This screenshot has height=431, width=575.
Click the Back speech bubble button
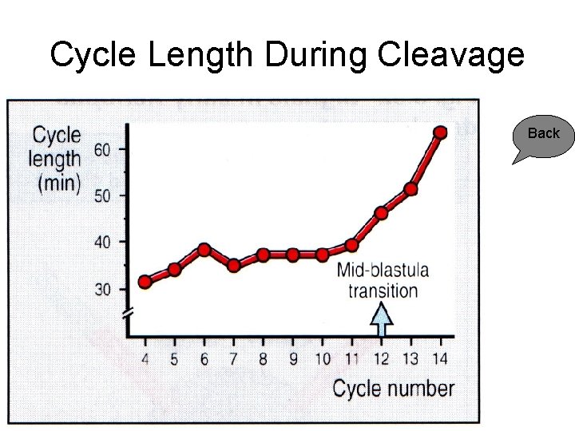(542, 135)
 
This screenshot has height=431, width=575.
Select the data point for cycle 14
(439, 132)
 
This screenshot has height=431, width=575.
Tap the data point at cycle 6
(204, 250)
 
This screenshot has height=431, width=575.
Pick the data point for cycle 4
(145, 282)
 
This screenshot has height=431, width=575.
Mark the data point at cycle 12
(381, 213)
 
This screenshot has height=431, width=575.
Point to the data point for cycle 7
(234, 266)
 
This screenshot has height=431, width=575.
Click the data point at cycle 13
(410, 189)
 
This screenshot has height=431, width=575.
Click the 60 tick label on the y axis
(104, 149)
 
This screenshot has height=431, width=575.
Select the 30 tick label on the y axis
(104, 289)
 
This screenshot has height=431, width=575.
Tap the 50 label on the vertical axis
(104, 196)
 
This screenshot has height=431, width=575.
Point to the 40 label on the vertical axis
(104, 242)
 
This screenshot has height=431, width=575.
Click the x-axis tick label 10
(322, 359)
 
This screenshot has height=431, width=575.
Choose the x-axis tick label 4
(145, 359)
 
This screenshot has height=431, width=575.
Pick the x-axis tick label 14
(439, 359)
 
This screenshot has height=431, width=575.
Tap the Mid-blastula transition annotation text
(383, 280)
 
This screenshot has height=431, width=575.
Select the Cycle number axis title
(393, 389)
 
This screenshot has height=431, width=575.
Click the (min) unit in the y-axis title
(59, 183)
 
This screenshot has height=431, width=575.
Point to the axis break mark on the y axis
(128, 313)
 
